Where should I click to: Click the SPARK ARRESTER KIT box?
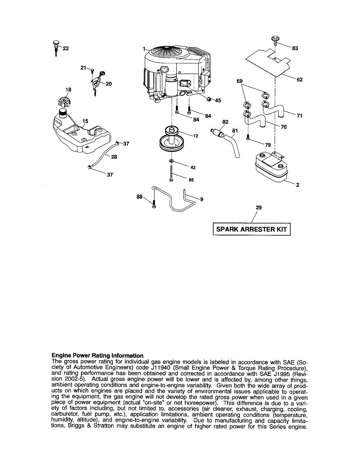[251, 229]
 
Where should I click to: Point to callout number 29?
[258, 208]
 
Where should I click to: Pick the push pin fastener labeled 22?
[56, 47]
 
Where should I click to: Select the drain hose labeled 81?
[235, 146]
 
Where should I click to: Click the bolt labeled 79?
[248, 137]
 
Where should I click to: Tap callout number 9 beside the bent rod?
[202, 199]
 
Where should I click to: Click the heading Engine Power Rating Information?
[97, 355]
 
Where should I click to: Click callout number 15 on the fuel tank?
[85, 121]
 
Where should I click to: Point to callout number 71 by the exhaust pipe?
[299, 116]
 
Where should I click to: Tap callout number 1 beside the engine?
[144, 49]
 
